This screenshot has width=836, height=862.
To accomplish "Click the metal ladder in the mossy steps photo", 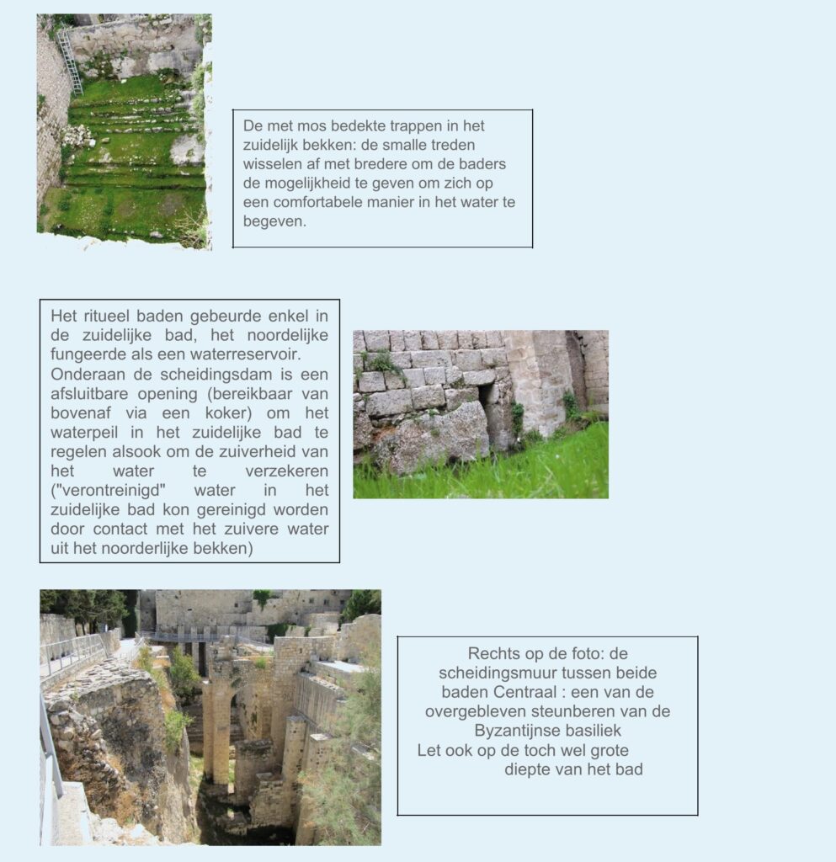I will (x=70, y=62).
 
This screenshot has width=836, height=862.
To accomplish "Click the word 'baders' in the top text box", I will (x=483, y=164).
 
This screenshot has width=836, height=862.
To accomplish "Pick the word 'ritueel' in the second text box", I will (x=111, y=317).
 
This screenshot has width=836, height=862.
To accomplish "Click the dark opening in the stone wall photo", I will (x=487, y=394).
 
